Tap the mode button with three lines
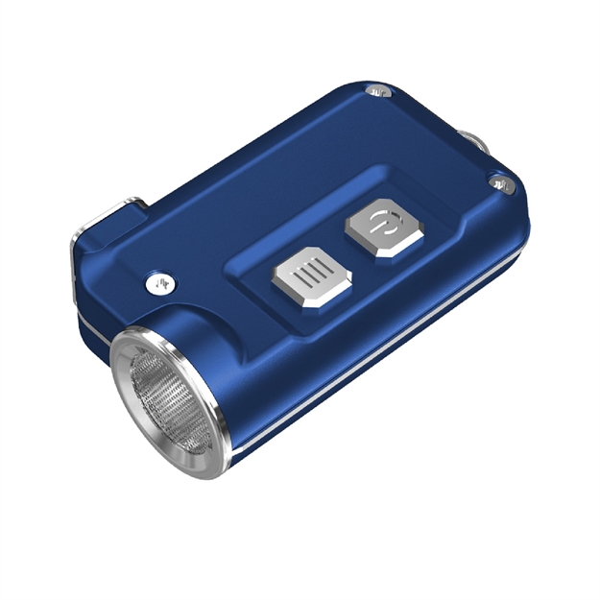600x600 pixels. (308, 279)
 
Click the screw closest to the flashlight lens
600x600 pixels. (156, 283)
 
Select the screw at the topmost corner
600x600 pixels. (377, 91)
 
